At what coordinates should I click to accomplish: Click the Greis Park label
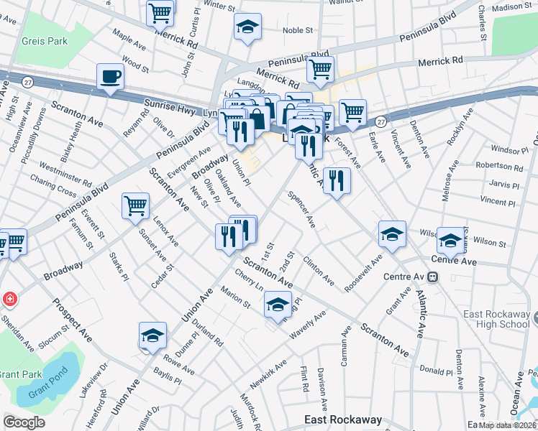(44, 41)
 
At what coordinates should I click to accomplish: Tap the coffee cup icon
(110, 76)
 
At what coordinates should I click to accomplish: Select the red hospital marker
(9, 298)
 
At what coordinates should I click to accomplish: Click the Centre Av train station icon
(433, 277)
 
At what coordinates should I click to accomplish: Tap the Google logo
(24, 422)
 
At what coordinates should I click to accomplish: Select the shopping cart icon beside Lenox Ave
(135, 206)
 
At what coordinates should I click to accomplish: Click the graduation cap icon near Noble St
(247, 27)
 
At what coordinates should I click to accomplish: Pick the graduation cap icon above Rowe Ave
(152, 335)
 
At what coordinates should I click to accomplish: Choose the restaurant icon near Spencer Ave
(336, 180)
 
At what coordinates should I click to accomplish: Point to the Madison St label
(512, 7)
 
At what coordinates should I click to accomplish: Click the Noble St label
(298, 30)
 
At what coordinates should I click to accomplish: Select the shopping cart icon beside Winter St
(160, 11)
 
